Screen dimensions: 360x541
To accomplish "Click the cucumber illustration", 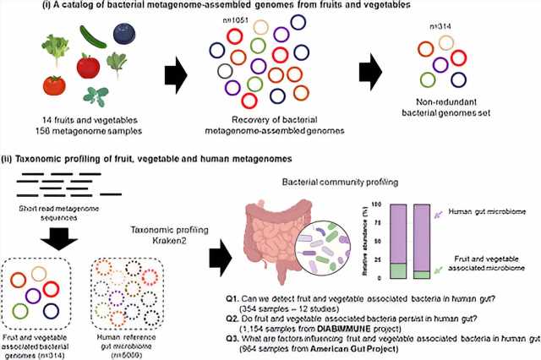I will coord(93,35).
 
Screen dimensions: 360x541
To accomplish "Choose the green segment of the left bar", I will coord(396,270).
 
